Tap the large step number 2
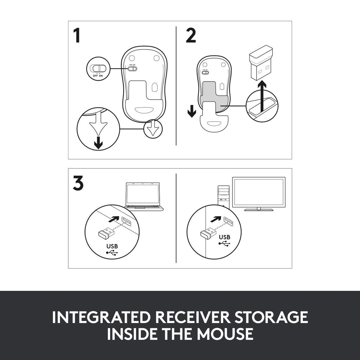tap(191, 36)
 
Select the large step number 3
tap(78, 183)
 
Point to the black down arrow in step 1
tap(98, 143)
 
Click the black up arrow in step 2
tap(262, 98)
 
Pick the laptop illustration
tap(144, 196)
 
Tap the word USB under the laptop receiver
tap(112, 246)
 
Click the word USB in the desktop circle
tap(225, 237)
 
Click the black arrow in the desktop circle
tap(216, 219)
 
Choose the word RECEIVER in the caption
tap(192, 317)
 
